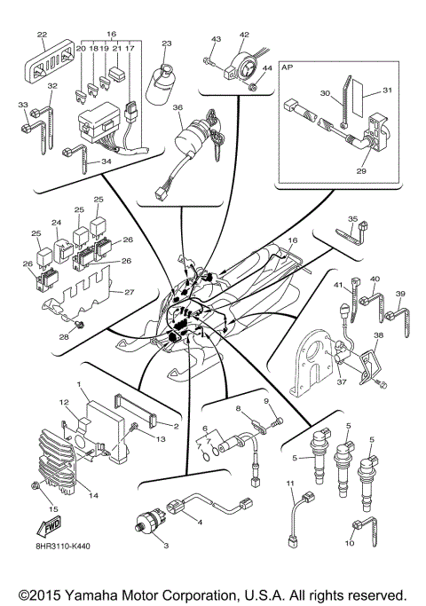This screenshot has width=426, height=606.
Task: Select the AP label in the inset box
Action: click(x=288, y=66)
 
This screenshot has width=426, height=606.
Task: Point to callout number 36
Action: click(x=178, y=108)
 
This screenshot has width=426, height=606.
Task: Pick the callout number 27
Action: click(x=130, y=292)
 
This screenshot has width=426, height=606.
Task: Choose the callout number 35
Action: click(x=352, y=219)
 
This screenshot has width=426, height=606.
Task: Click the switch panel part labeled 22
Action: click(x=50, y=62)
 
